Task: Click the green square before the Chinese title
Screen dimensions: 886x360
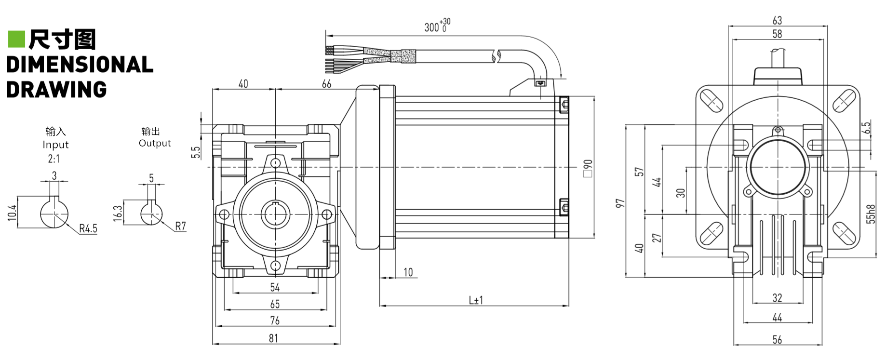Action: click(16, 40)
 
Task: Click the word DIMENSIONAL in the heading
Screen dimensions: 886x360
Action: click(80, 65)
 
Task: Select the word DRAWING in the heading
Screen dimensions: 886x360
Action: click(56, 90)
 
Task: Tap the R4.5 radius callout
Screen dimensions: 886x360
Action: click(88, 228)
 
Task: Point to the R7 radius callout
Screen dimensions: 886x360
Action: click(180, 226)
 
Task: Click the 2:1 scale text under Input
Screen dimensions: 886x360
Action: click(54, 159)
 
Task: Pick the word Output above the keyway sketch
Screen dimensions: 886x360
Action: click(155, 143)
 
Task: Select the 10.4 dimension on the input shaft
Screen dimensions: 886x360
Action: click(12, 213)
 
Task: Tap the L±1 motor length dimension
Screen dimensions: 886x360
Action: click(476, 300)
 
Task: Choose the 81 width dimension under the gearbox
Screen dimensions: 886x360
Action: click(273, 338)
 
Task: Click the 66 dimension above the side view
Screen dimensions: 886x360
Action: click(326, 84)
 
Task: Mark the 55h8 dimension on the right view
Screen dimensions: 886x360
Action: click(871, 214)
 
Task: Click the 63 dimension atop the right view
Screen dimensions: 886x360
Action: click(777, 20)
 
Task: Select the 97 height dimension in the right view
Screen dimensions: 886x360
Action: click(620, 203)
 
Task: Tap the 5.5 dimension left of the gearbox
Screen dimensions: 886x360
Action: click(195, 153)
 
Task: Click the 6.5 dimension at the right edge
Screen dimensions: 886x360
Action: click(866, 128)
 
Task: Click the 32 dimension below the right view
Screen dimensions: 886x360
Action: click(777, 298)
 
